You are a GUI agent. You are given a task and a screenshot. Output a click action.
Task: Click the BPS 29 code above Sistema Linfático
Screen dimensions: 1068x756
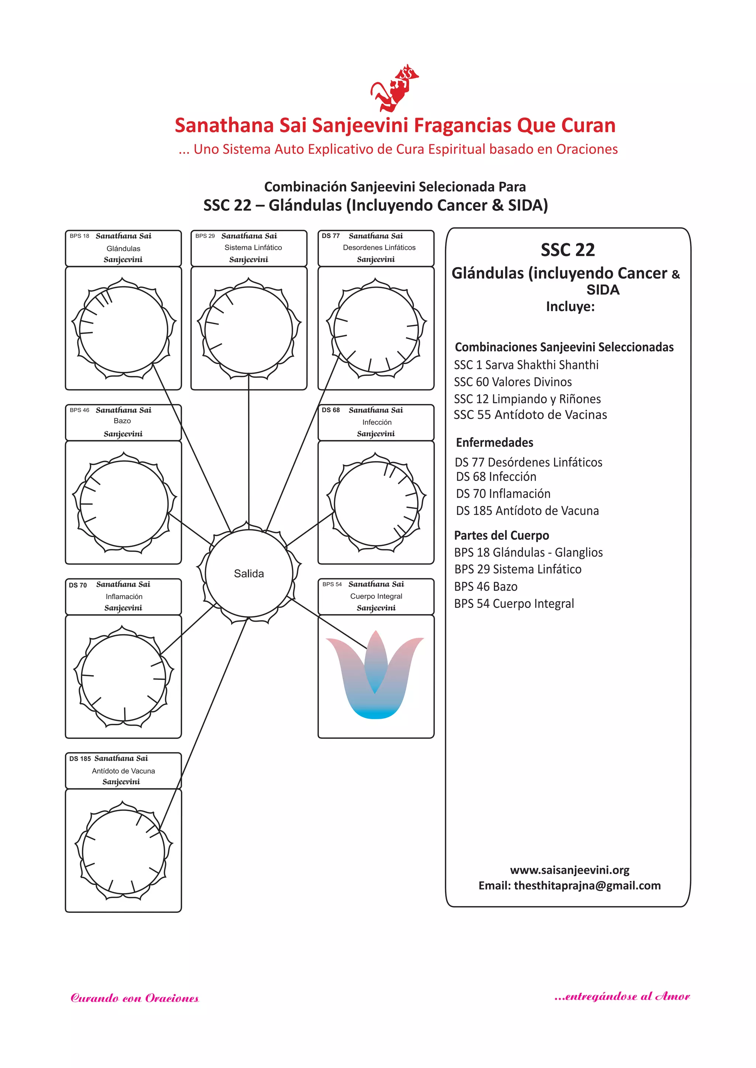[x=205, y=236]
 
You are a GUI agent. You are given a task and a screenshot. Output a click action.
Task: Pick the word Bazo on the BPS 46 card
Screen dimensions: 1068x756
[x=123, y=421]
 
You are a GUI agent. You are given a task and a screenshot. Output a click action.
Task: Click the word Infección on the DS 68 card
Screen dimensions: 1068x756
[x=377, y=422]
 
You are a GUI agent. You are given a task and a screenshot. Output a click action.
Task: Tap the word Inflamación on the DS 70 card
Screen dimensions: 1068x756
[x=124, y=596]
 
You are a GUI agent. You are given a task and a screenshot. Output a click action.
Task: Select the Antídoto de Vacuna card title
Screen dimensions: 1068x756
[x=123, y=771]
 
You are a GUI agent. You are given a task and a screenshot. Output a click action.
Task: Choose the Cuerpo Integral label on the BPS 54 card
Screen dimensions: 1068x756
[x=376, y=596]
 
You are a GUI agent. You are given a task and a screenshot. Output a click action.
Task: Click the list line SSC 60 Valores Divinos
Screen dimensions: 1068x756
[x=512, y=382]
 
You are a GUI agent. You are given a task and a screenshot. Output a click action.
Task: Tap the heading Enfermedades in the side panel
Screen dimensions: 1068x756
[x=494, y=442]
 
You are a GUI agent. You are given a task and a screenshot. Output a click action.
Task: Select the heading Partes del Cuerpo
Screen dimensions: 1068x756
[x=501, y=535]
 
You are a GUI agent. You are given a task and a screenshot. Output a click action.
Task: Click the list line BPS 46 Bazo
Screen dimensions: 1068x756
[x=485, y=587]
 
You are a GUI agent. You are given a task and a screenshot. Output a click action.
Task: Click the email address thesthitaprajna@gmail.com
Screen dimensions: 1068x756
[x=587, y=885]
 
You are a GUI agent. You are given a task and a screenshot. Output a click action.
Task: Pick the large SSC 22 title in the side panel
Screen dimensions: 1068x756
[x=567, y=250]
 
